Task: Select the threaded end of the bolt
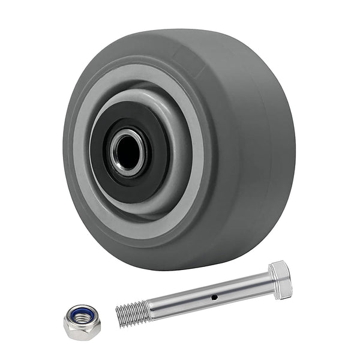(133, 313)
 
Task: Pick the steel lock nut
(82, 320)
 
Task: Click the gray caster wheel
(180, 150)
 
